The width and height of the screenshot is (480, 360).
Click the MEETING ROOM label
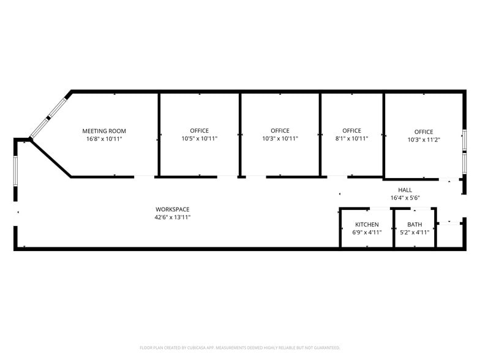click(104, 131)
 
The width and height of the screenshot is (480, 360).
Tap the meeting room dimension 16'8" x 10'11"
click(104, 139)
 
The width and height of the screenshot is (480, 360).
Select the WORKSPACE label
click(172, 209)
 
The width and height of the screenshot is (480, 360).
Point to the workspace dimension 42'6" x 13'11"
click(172, 217)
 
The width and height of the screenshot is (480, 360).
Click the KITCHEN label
click(367, 225)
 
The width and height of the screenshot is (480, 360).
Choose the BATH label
click(414, 225)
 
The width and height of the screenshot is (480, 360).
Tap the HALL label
click(405, 190)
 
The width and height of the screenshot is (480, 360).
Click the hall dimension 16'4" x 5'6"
click(405, 198)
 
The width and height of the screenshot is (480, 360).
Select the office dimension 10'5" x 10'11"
click(199, 139)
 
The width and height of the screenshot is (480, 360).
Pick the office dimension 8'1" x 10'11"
click(351, 139)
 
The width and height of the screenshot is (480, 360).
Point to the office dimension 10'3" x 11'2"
click(423, 140)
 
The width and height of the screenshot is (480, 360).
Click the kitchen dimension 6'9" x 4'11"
click(367, 233)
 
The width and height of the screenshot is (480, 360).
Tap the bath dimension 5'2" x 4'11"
click(414, 233)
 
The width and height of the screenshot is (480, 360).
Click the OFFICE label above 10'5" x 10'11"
click(199, 131)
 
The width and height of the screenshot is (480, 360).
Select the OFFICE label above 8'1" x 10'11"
click(351, 131)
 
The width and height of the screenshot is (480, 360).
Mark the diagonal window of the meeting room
click(50, 115)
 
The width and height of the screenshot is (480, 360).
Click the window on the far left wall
click(16, 171)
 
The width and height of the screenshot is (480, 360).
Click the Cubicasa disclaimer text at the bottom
click(239, 347)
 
